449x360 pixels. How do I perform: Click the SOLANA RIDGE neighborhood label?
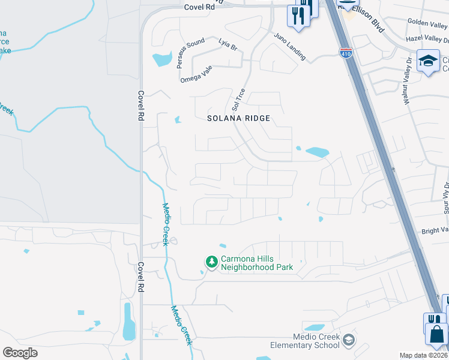pos(239,118)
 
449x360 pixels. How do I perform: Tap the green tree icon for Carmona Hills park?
pos(211,262)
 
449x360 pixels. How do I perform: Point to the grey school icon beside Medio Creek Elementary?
pos(349,341)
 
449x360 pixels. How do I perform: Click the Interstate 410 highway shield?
pos(346,53)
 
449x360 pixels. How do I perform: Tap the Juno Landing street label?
pos(290,47)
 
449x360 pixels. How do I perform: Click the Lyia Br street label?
pos(228,44)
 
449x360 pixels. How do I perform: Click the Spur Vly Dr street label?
pos(445,197)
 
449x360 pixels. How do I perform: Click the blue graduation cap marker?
pos(428,61)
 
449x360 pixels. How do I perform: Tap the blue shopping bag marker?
pos(437,334)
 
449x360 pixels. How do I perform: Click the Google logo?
pos(20,352)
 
